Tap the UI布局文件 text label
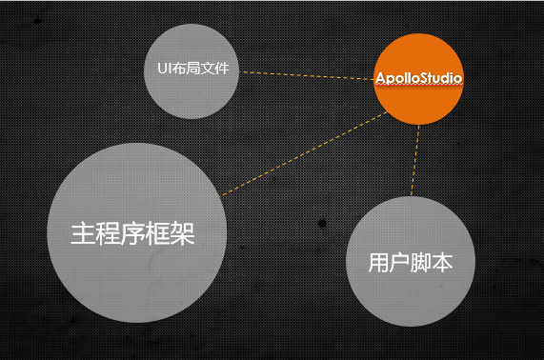(x=195, y=70)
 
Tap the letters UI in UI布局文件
(x=163, y=70)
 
